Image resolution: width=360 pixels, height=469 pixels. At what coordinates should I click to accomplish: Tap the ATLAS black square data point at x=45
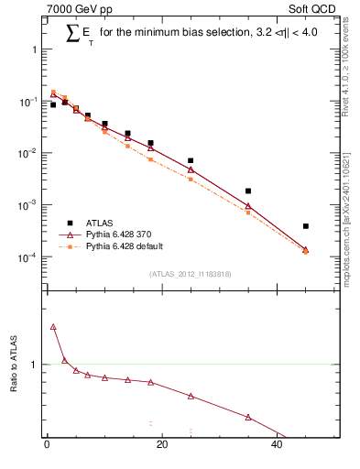(x=306, y=226)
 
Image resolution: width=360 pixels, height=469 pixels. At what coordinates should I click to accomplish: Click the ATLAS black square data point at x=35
(x=248, y=191)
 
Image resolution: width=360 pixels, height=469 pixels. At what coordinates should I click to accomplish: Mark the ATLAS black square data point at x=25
(x=191, y=160)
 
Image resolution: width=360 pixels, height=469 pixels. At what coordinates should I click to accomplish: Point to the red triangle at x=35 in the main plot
(x=248, y=206)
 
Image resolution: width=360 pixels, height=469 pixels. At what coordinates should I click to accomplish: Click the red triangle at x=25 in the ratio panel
(x=191, y=396)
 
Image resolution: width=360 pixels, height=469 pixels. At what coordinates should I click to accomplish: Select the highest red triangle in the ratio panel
(x=53, y=326)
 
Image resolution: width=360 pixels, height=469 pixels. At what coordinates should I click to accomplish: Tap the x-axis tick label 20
(x=162, y=445)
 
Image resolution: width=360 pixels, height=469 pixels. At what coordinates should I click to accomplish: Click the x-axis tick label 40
(x=277, y=445)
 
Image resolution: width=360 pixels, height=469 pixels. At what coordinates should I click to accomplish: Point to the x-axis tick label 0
(x=47, y=445)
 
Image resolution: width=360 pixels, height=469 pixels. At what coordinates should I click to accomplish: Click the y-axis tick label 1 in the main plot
(x=36, y=49)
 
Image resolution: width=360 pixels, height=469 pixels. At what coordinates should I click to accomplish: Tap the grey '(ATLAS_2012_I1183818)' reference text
(x=189, y=274)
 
